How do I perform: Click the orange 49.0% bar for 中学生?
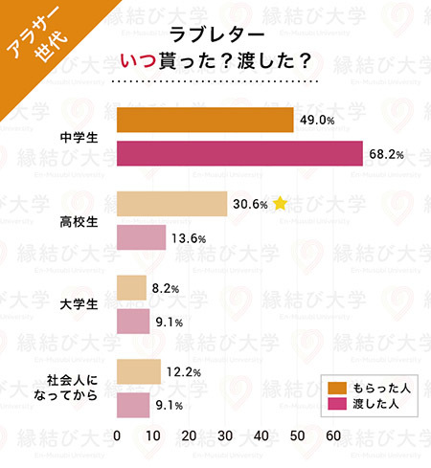pos(204,121)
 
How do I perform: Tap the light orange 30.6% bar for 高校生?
pos(171,204)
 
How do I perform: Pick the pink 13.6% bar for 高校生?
pos(141,237)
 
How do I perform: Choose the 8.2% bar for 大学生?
pos(131,287)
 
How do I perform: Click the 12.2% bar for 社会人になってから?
pos(138,370)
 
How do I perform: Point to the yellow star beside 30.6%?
pos(280,203)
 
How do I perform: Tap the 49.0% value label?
pos(318,121)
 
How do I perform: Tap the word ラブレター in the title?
pos(212,35)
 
